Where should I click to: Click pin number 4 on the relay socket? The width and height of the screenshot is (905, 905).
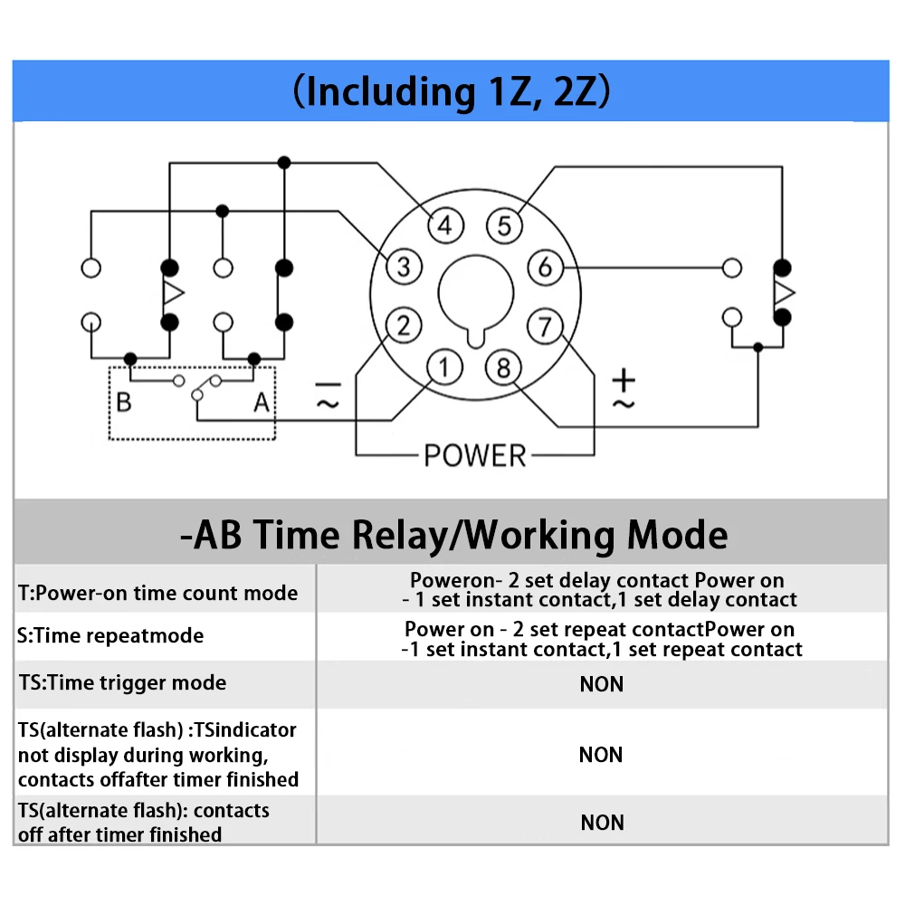pyautogui.click(x=445, y=225)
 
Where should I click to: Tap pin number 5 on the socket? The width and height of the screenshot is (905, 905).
pyautogui.click(x=504, y=225)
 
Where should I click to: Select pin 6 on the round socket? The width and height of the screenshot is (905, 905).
pyautogui.click(x=546, y=267)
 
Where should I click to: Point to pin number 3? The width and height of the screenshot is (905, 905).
pyautogui.click(x=404, y=267)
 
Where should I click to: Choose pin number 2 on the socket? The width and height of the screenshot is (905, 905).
pyautogui.click(x=404, y=326)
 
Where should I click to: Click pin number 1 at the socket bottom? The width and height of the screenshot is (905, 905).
pyautogui.click(x=444, y=367)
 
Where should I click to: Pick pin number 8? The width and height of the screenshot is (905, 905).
pyautogui.click(x=503, y=367)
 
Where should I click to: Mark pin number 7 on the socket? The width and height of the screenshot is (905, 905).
pyautogui.click(x=545, y=327)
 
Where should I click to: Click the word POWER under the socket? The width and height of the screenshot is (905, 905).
pyautogui.click(x=475, y=455)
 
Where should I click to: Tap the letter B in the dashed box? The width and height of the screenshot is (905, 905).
pyautogui.click(x=124, y=402)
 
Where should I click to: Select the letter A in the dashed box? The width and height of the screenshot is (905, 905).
pyautogui.click(x=262, y=402)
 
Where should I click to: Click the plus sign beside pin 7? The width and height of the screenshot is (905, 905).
pyautogui.click(x=624, y=380)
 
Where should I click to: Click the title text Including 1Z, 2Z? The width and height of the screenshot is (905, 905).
pyautogui.click(x=452, y=91)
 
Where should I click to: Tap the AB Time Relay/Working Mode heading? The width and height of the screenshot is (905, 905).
pyautogui.click(x=453, y=534)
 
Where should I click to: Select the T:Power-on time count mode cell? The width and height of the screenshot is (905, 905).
pyautogui.click(x=158, y=593)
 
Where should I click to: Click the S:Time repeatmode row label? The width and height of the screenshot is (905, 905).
pyautogui.click(x=110, y=635)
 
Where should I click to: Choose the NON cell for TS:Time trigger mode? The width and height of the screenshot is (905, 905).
pyautogui.click(x=602, y=684)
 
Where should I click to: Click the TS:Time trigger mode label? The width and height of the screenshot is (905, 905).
pyautogui.click(x=122, y=682)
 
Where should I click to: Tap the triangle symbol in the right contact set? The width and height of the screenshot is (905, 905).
pyautogui.click(x=785, y=292)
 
